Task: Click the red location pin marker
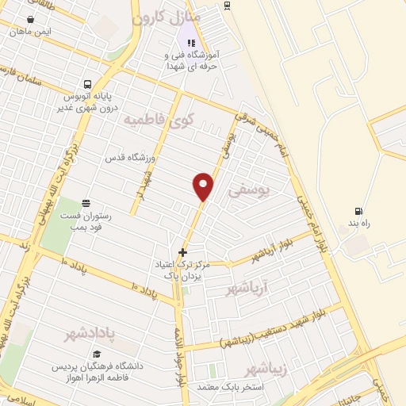[204, 186]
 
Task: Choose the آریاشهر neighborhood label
[248, 289]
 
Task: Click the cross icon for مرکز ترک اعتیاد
[182, 252]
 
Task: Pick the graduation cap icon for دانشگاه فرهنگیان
[97, 354]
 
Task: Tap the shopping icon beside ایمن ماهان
[30, 19]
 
